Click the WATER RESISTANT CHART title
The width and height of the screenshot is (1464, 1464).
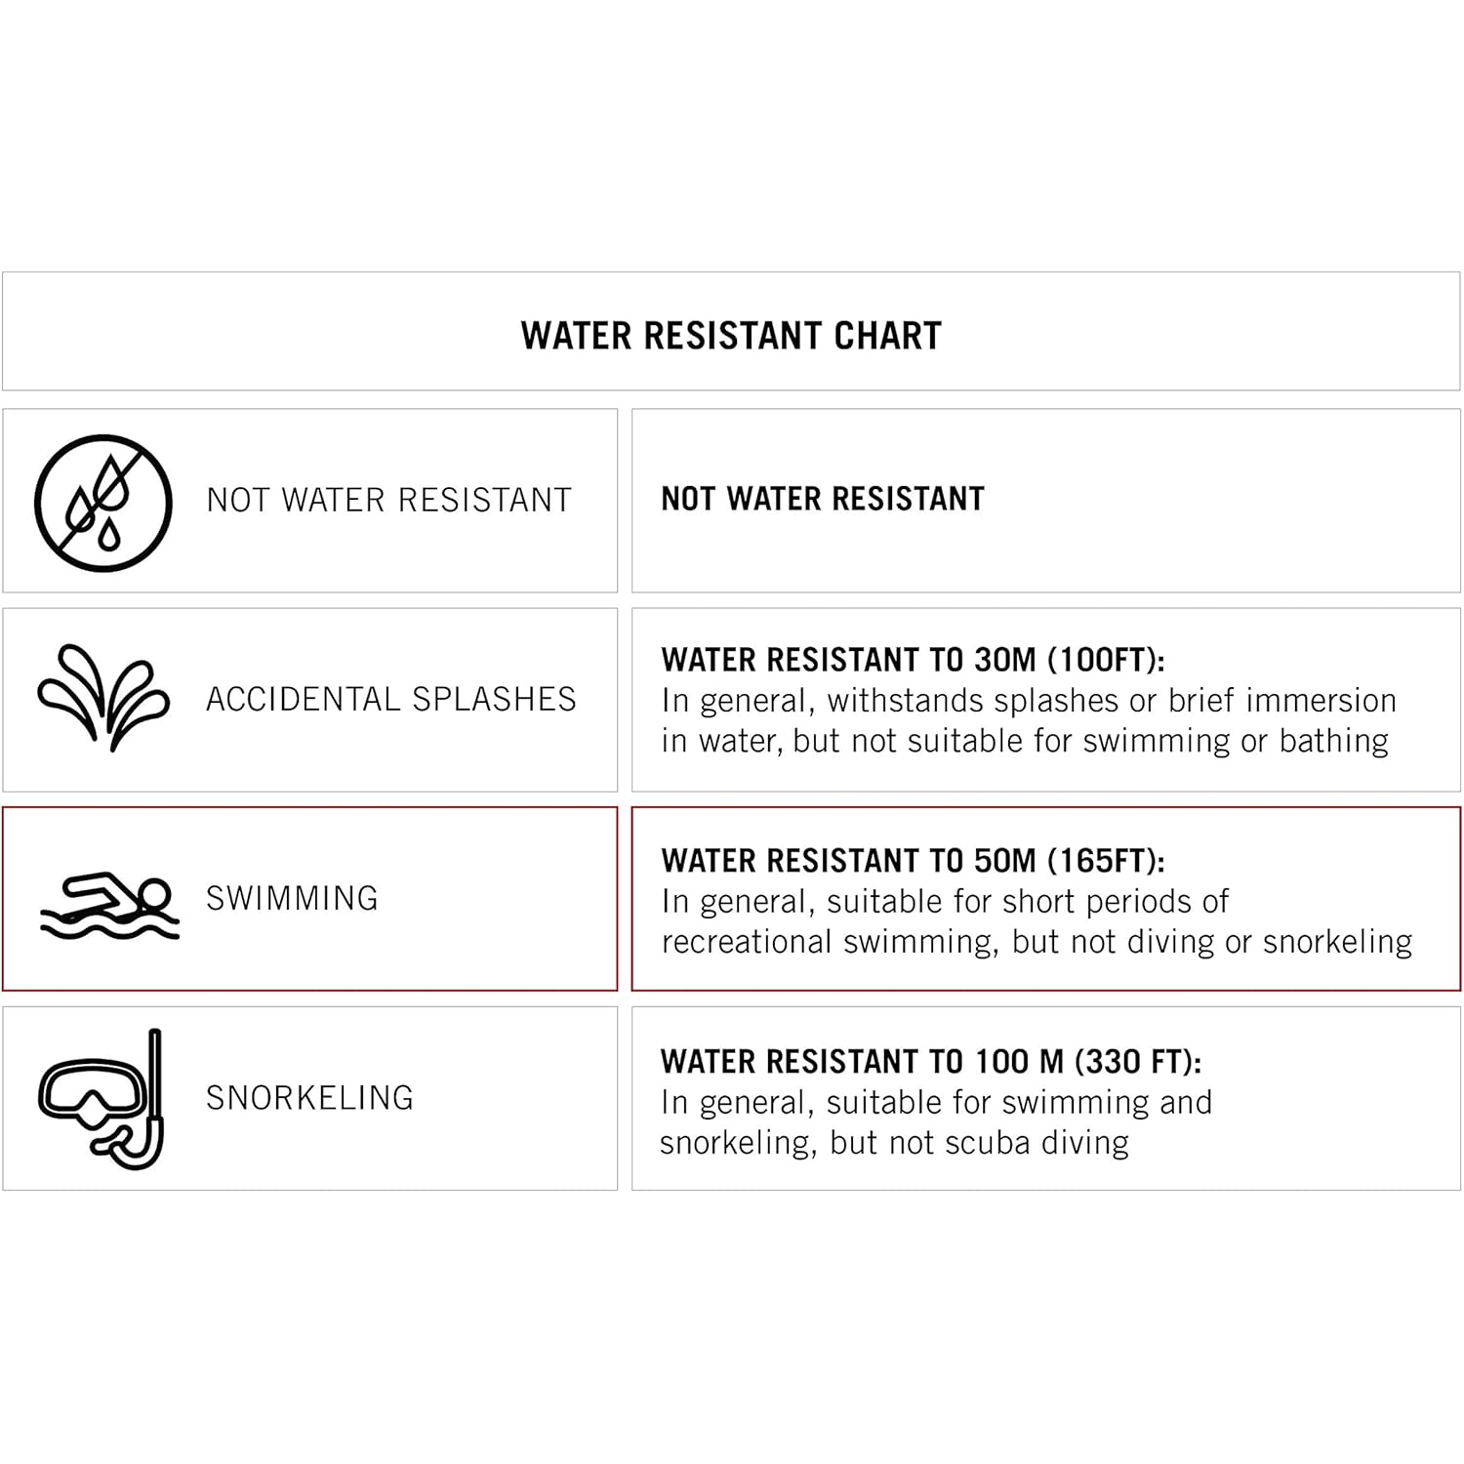coord(731,336)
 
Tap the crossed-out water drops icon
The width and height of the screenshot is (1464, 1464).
coord(102,503)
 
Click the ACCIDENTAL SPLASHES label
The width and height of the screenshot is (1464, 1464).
coord(390,700)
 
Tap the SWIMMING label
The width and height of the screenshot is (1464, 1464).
coord(292,898)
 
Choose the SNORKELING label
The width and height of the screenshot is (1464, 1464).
coord(309,1098)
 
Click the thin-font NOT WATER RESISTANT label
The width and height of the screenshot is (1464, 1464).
coord(388,501)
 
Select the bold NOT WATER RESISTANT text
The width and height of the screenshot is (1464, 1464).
coord(823,500)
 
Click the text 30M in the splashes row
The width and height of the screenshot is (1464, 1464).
coord(1005,661)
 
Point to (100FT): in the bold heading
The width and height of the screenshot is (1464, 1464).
coord(1106,661)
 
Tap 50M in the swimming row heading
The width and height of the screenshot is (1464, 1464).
coord(1005,861)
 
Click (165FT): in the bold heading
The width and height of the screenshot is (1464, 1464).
coord(1106,861)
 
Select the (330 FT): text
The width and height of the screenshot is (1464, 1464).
coord(1138,1062)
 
